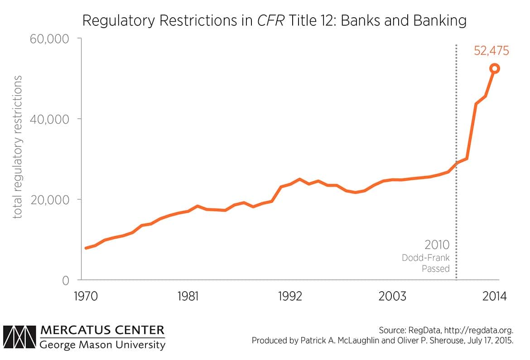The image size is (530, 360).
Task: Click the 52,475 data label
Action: point(491,50)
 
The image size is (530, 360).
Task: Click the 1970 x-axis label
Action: point(86,297)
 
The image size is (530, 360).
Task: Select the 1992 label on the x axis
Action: point(290,297)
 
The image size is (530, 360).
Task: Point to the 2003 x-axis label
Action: point(392,297)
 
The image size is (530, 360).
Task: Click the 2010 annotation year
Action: point(437,245)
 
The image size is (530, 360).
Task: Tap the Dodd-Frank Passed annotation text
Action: point(426,263)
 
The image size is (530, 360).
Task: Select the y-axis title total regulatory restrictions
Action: point(18,147)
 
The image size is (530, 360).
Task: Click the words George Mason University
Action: point(102,345)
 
